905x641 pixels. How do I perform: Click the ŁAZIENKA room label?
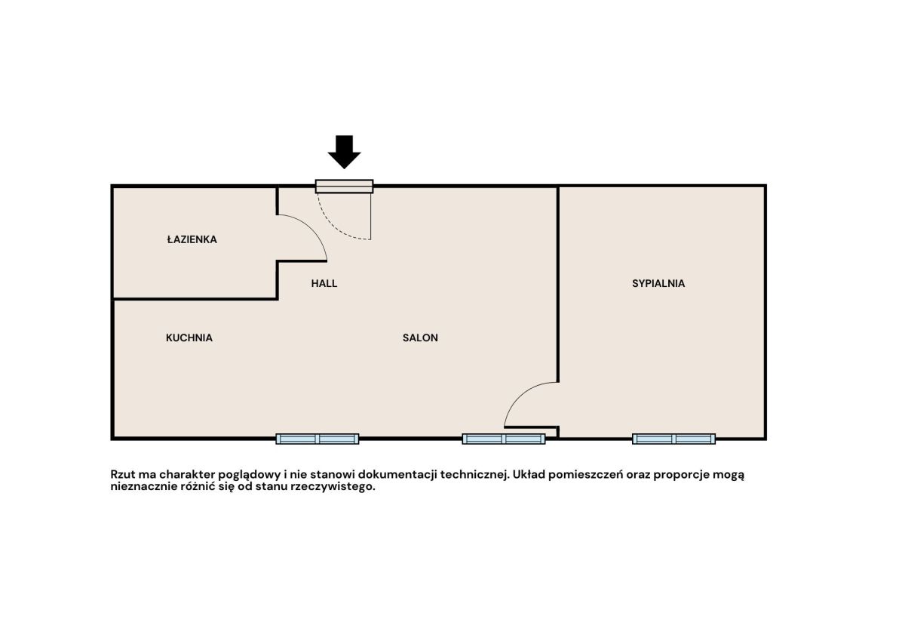192,239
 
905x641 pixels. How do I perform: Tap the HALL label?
324,283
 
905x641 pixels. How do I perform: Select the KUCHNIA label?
189,337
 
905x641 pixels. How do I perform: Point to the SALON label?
420,337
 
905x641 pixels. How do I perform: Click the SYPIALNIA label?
658,283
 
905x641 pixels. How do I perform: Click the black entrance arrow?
344,152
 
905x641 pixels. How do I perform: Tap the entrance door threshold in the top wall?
344,186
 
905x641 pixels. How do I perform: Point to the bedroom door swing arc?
519,395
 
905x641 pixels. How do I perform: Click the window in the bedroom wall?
673,439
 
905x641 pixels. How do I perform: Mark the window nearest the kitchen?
318,439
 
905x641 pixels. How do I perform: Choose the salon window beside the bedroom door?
504,439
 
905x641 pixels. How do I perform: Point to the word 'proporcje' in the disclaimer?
680,475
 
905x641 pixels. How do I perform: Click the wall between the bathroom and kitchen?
195,299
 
